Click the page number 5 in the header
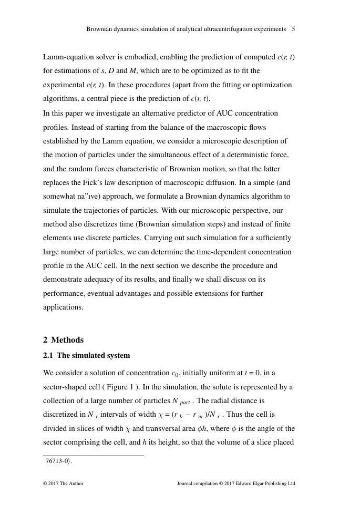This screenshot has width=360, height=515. click(x=293, y=29)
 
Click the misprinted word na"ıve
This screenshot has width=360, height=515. click(x=104, y=197)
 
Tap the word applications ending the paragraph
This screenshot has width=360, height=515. click(x=63, y=307)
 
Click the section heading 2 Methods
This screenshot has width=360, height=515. click(x=63, y=340)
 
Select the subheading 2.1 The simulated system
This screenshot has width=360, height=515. click(x=86, y=356)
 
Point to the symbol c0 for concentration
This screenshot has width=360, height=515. click(x=175, y=374)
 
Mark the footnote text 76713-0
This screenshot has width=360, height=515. click(x=58, y=461)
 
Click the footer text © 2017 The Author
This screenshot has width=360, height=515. click(x=63, y=483)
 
